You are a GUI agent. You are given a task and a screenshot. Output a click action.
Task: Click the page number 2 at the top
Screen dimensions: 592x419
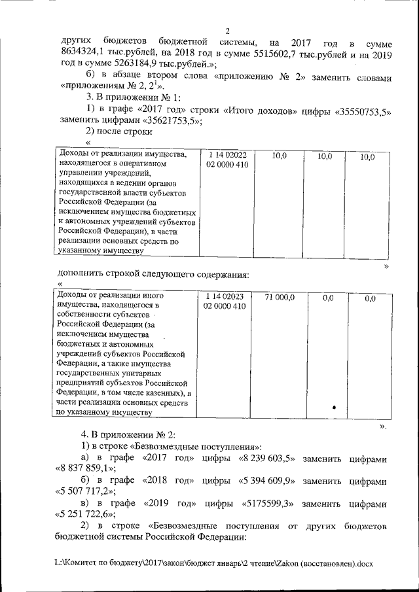227,31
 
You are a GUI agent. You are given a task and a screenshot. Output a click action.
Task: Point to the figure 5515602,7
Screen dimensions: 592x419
244,53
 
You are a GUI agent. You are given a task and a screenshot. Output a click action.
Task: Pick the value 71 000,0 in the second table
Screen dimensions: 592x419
280,298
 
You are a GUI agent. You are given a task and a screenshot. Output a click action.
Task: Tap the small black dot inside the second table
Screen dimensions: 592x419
334,407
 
